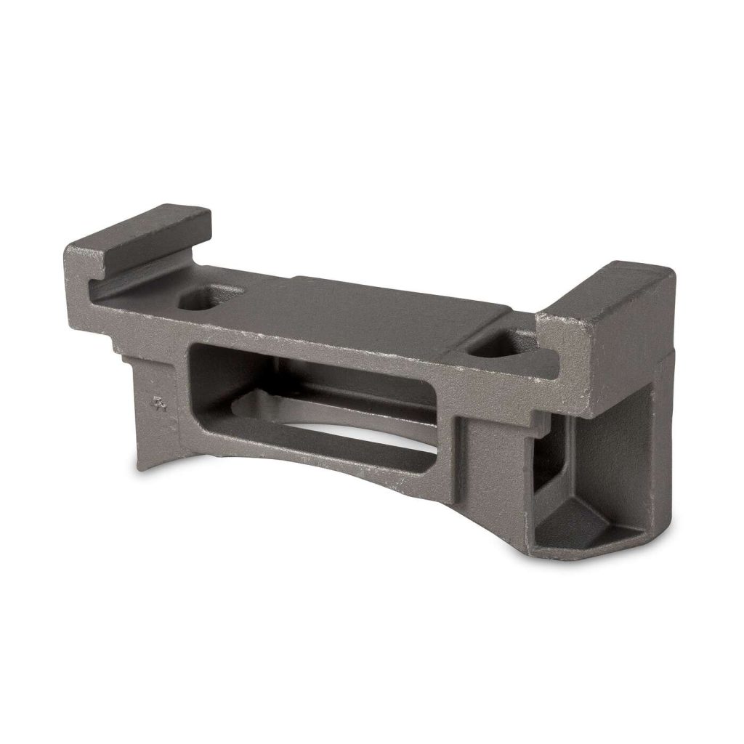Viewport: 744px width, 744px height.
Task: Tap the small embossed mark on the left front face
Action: click(x=159, y=403)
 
